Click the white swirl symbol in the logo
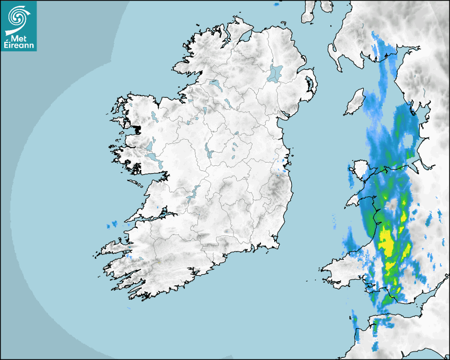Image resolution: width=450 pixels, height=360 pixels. tap(17, 17)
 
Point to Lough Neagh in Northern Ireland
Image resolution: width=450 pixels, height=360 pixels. tap(275, 73)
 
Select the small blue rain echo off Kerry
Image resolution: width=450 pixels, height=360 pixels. tap(112, 225)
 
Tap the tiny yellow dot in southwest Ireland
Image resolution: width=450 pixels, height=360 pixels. tap(159, 263)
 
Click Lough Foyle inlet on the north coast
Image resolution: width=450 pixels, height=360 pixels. tap(246, 37)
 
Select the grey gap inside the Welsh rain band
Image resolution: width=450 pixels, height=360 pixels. tap(392, 204)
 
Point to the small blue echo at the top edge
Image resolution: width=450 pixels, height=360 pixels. tap(276, 4)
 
